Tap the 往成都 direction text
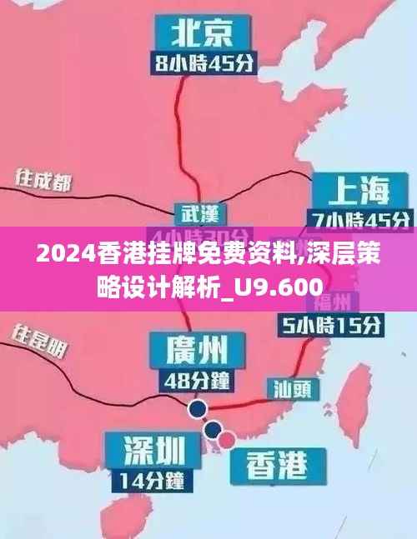coord(42,181)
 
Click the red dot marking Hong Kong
coord(227,438)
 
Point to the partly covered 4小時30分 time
coord(198,234)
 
